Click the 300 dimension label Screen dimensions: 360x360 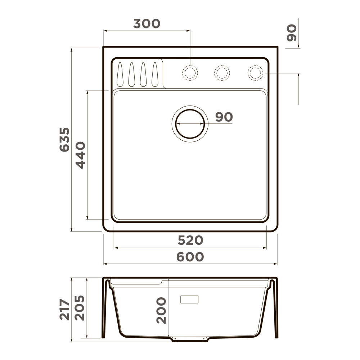147,24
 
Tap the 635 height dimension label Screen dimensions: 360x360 64,139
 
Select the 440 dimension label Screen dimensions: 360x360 81,155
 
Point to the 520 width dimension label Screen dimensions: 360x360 190,240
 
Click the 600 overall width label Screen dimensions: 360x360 190,257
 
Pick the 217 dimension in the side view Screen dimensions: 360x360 64,309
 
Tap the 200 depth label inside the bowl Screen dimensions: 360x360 162,310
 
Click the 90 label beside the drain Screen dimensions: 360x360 224,117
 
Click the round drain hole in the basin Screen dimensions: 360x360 190,124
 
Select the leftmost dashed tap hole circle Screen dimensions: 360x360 190,73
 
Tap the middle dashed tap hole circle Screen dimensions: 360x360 222,73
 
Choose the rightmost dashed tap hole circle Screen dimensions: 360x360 255,73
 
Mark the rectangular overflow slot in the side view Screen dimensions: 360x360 189,299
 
